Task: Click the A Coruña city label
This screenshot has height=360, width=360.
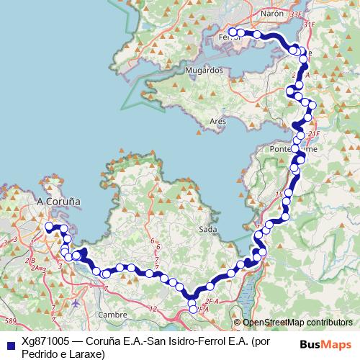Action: click(58, 202)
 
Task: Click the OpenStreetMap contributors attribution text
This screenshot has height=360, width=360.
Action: click(297, 323)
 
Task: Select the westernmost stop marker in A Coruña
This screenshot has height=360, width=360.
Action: click(49, 227)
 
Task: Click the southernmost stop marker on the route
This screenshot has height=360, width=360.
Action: click(192, 310)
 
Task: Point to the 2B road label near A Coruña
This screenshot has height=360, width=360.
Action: click(30, 261)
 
